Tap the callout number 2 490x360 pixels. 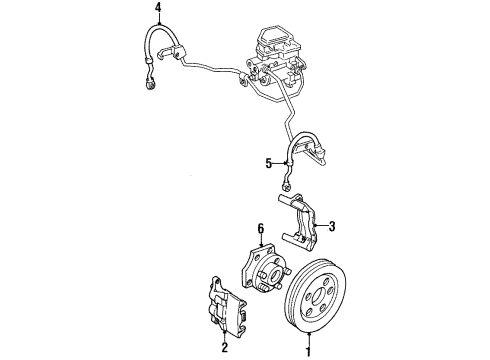tap(224, 349)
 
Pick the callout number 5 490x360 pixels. tap(268, 162)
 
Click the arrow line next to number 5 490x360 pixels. tap(279, 162)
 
